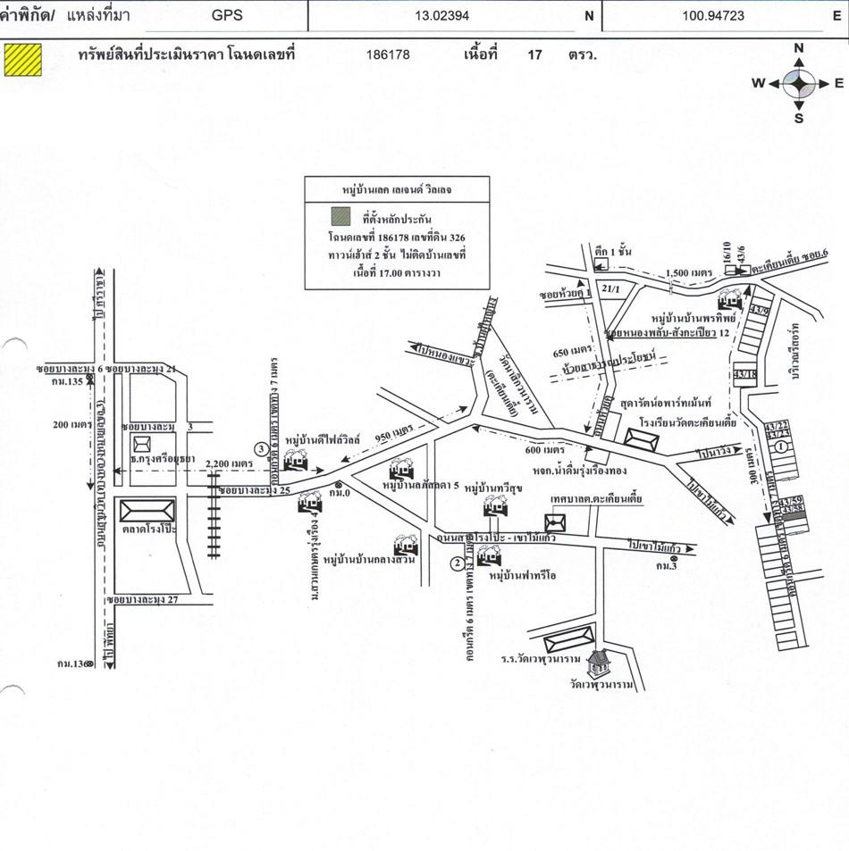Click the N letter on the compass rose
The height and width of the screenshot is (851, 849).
click(x=799, y=48)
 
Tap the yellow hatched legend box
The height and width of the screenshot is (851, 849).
click(x=24, y=55)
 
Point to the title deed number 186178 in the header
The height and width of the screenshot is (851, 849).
click(x=388, y=54)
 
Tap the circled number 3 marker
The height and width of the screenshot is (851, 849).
click(x=260, y=448)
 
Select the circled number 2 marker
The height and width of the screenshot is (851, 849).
click(x=457, y=563)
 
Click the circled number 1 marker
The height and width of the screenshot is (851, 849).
click(x=781, y=445)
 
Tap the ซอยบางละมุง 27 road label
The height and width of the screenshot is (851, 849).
click(x=143, y=599)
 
